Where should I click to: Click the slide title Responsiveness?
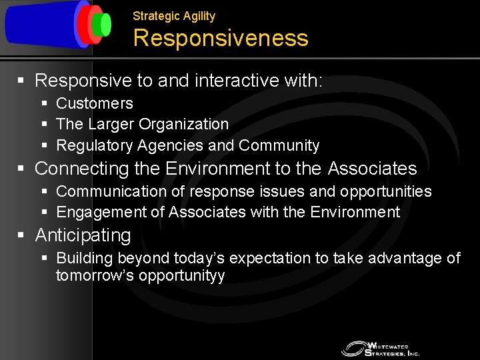point(221,39)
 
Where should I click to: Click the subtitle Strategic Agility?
point(174,15)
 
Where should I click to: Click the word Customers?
point(94,103)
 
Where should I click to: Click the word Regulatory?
point(94,145)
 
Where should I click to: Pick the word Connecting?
point(77,169)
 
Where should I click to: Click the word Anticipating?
point(83,235)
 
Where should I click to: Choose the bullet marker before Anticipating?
point(21,235)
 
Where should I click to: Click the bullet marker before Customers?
point(44,103)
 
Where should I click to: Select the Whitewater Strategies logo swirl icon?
point(353,348)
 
